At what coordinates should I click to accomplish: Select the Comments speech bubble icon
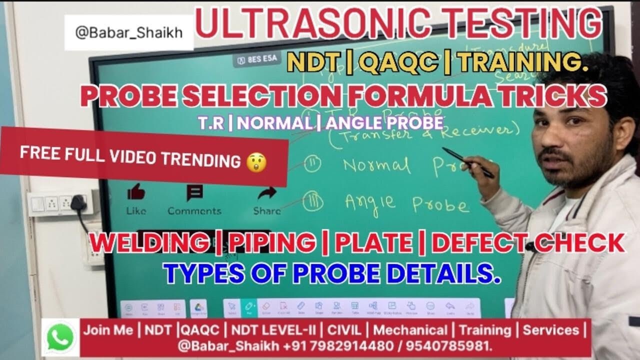tap(194, 193)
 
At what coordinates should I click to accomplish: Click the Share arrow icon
tap(267, 193)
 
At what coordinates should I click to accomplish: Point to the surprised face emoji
tap(256, 161)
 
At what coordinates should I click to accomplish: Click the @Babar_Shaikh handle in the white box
tap(128, 32)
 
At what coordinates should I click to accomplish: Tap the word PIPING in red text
tap(272, 243)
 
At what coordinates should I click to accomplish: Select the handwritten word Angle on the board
tap(370, 201)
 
